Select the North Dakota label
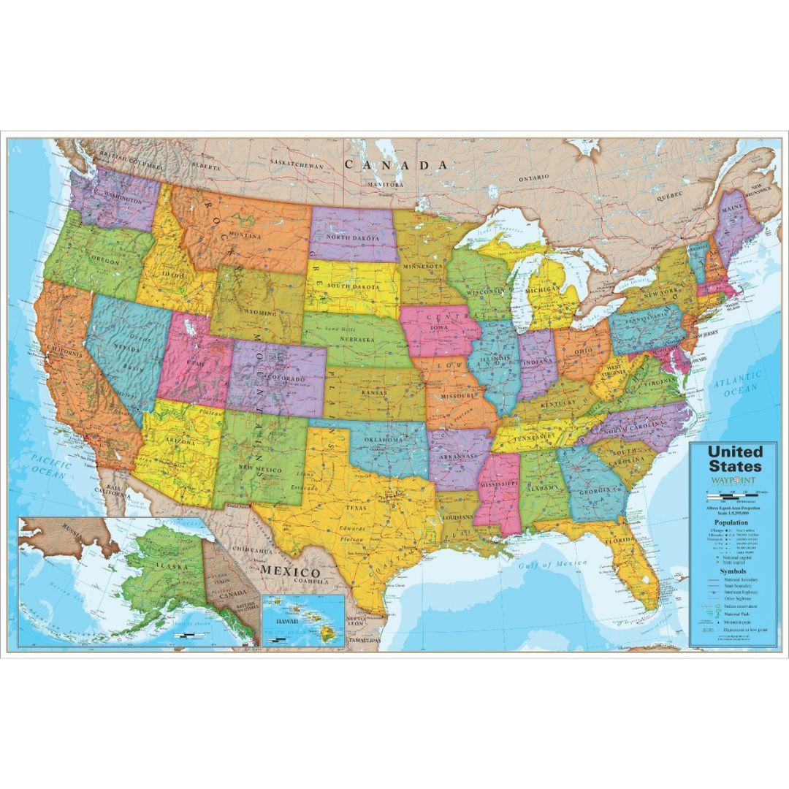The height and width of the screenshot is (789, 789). pyautogui.click(x=353, y=238)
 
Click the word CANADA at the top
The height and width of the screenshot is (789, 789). pyautogui.click(x=396, y=165)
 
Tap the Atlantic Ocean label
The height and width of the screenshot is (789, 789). pyautogui.click(x=737, y=383)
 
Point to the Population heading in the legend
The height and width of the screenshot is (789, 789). pyautogui.click(x=731, y=523)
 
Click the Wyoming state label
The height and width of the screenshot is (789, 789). pyautogui.click(x=259, y=313)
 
